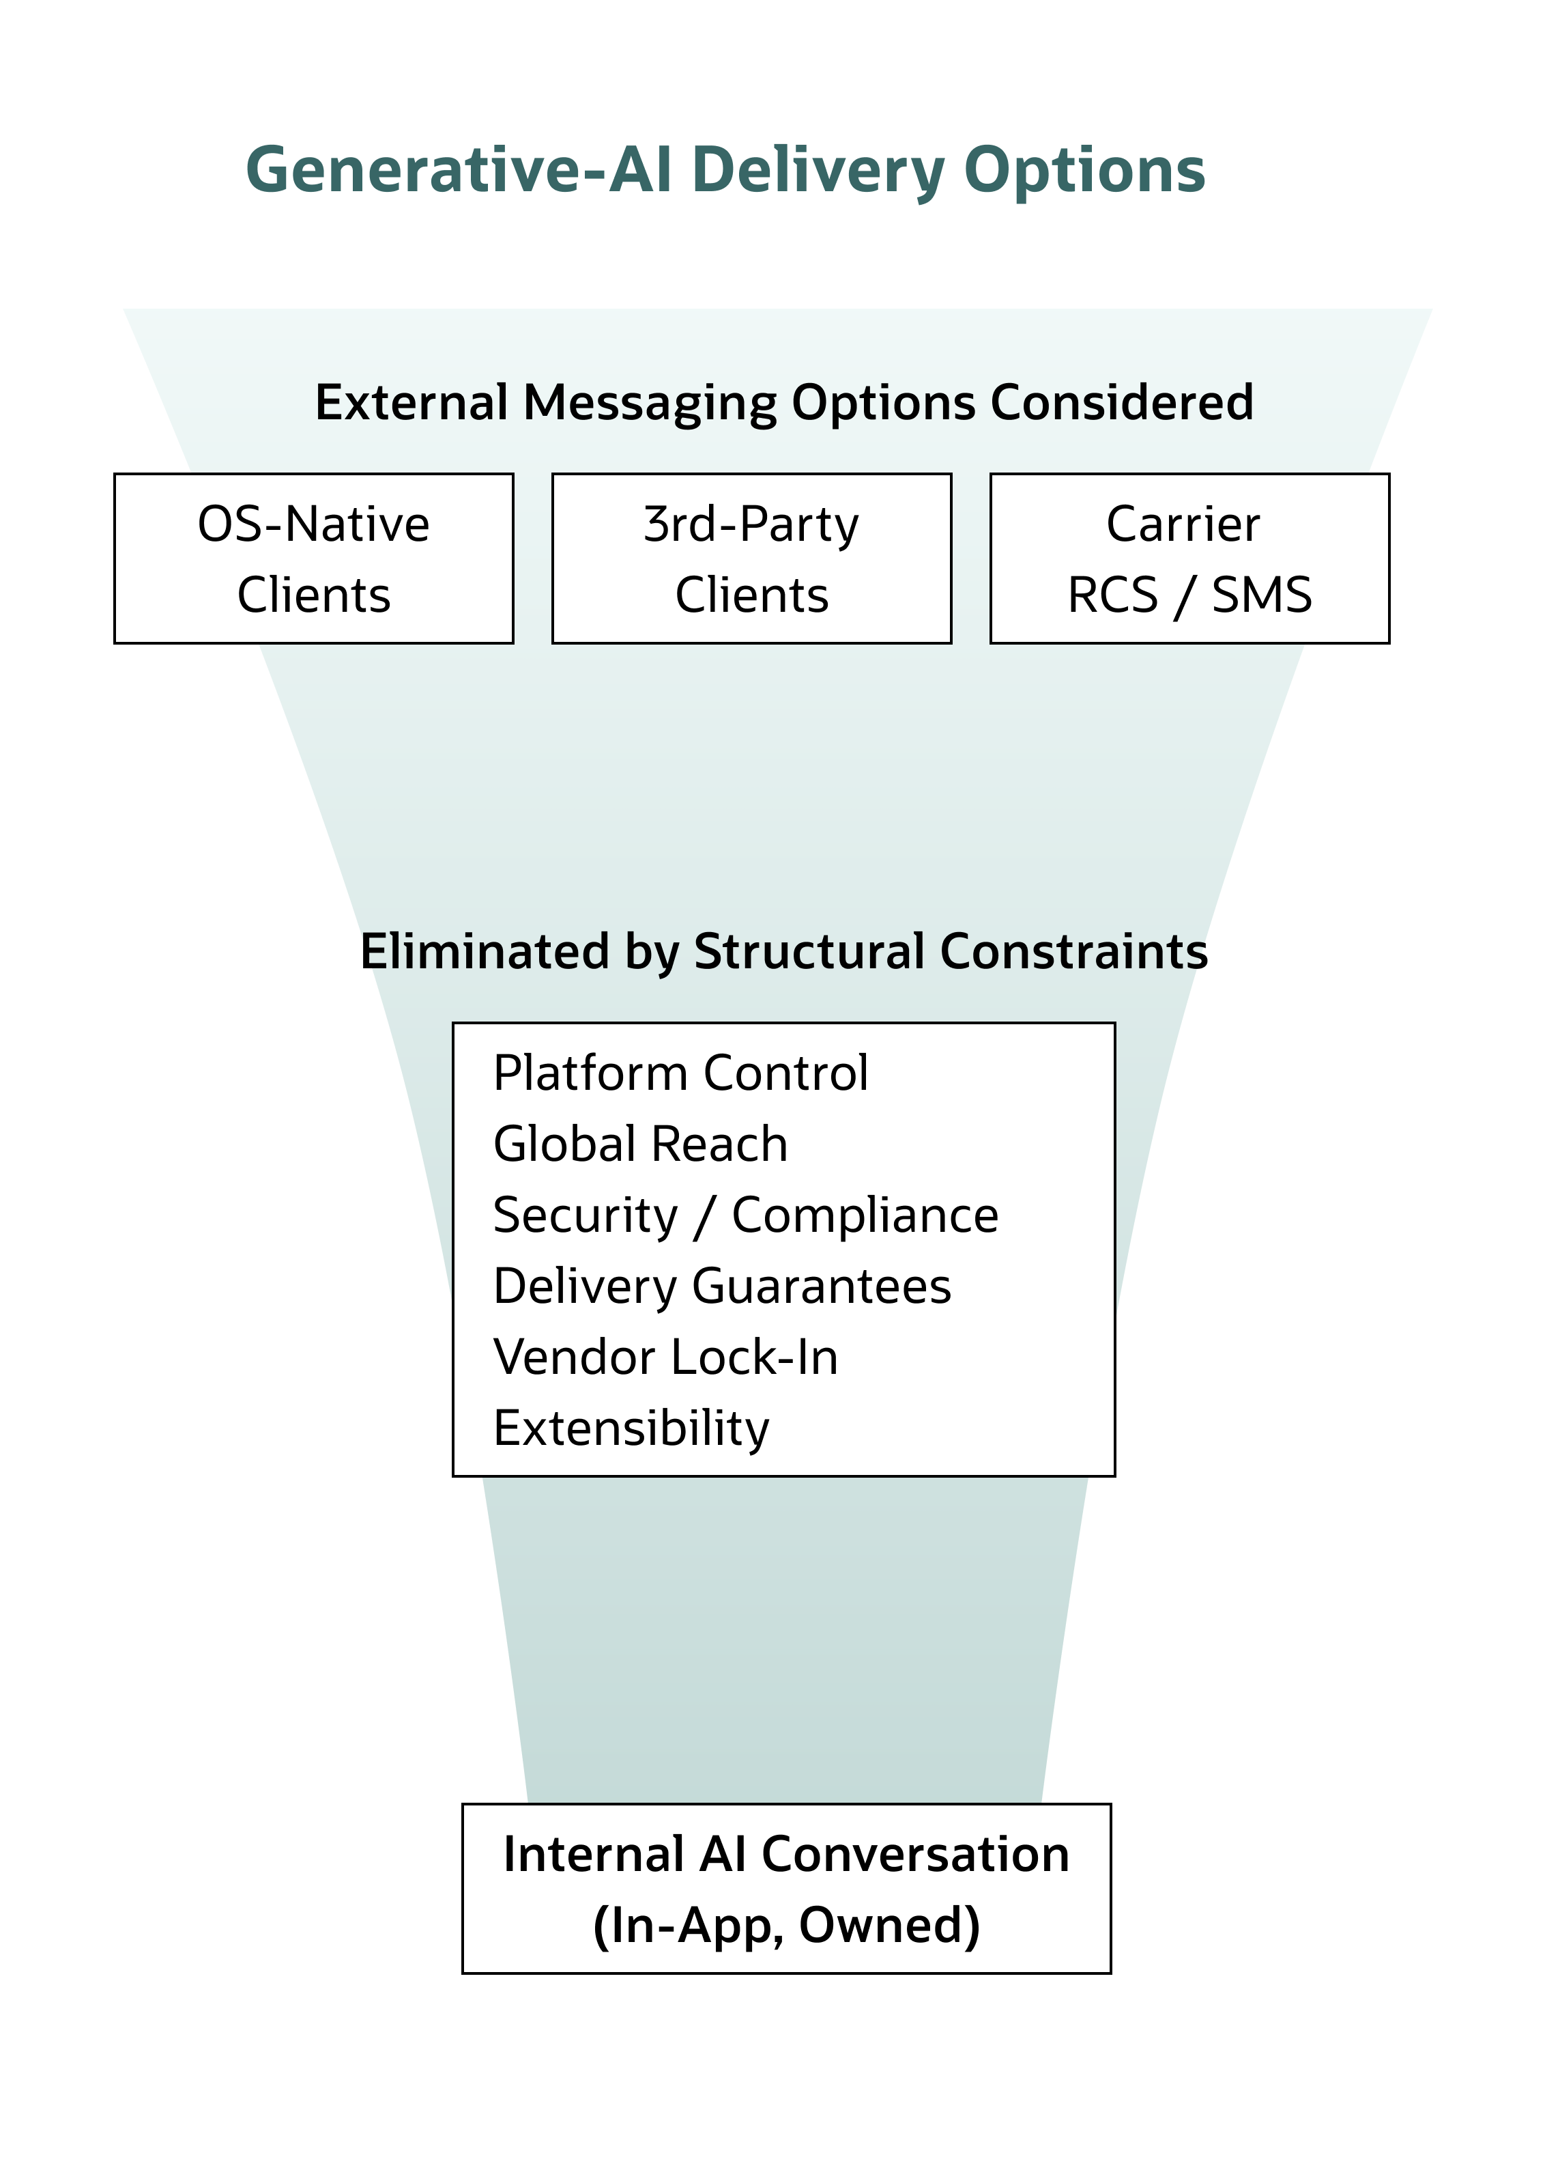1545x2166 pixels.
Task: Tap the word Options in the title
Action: point(1084,170)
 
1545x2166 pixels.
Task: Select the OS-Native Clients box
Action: point(313,559)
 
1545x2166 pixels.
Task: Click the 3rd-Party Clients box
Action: point(751,559)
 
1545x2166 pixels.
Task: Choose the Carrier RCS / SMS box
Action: point(1189,559)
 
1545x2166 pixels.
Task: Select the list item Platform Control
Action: point(680,1073)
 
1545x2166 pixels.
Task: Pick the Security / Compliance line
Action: point(745,1215)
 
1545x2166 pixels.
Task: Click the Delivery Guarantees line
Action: point(721,1286)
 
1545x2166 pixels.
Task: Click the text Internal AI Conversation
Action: point(786,1855)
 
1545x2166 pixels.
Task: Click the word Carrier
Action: point(1183,524)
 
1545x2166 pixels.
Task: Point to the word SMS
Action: point(1262,595)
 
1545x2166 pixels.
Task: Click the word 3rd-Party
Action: point(751,524)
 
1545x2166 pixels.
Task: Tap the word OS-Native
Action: point(313,524)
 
